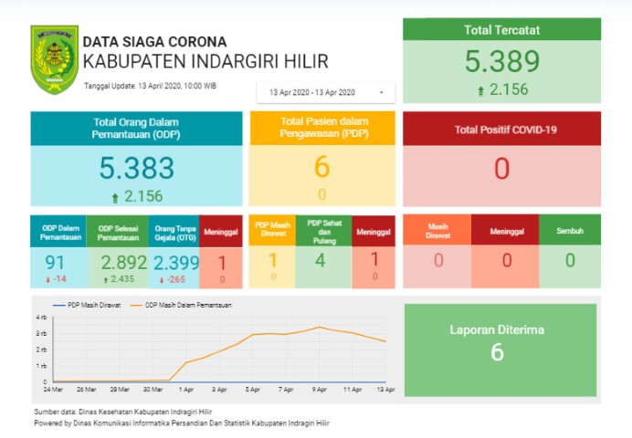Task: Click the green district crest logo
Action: click(x=54, y=59)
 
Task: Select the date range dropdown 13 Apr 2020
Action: click(x=325, y=92)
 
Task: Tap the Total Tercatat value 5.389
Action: click(x=501, y=62)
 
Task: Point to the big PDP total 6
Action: click(x=321, y=167)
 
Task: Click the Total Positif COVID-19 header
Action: click(x=501, y=130)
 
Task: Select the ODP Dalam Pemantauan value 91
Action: click(x=57, y=262)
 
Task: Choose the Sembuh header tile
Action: click(x=570, y=230)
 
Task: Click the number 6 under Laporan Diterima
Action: click(x=497, y=352)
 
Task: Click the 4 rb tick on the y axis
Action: click(x=41, y=317)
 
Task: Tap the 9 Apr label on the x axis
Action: click(x=319, y=390)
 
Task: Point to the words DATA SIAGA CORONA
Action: click(x=154, y=42)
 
